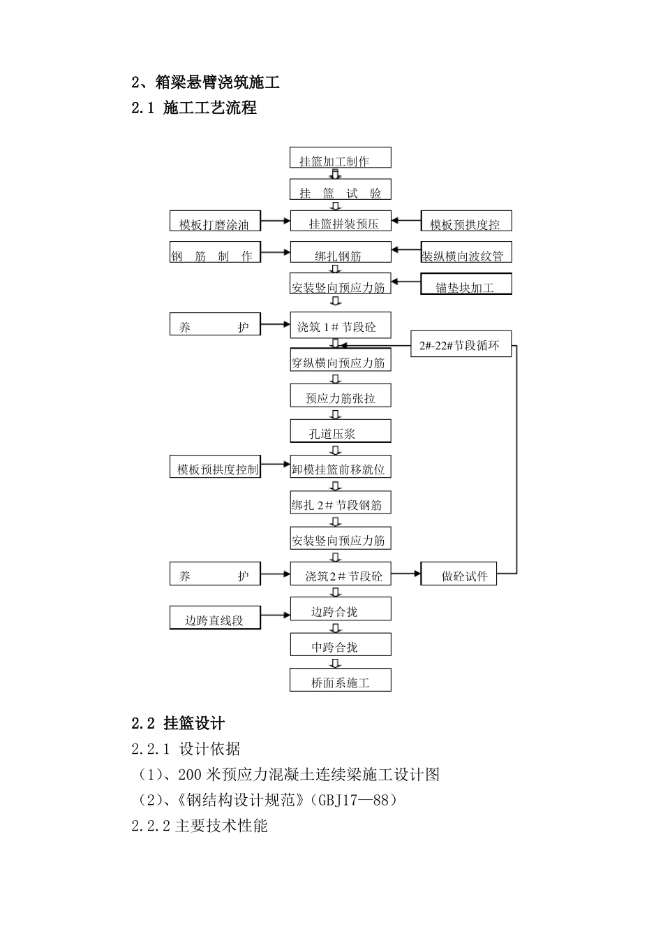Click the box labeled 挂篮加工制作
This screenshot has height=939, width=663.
point(341,158)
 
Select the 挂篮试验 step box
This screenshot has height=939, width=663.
point(341,190)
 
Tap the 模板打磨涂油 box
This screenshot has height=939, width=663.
point(215,221)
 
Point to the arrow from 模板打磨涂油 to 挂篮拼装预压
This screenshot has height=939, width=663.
point(275,221)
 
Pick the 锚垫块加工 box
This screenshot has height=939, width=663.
point(465,284)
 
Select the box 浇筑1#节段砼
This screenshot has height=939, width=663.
point(341,326)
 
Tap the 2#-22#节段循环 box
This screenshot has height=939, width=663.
point(461,344)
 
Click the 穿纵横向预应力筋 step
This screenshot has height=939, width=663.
point(341,361)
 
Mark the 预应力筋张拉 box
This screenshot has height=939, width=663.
point(341,396)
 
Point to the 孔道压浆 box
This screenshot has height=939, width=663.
point(341,432)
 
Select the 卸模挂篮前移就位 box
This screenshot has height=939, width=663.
point(341,467)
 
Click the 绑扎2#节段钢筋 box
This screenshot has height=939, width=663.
point(341,503)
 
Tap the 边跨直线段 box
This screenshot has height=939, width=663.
point(215,618)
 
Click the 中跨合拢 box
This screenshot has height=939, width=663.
point(341,646)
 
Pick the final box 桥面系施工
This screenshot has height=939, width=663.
point(341,681)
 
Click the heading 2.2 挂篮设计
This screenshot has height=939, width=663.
point(178,724)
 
